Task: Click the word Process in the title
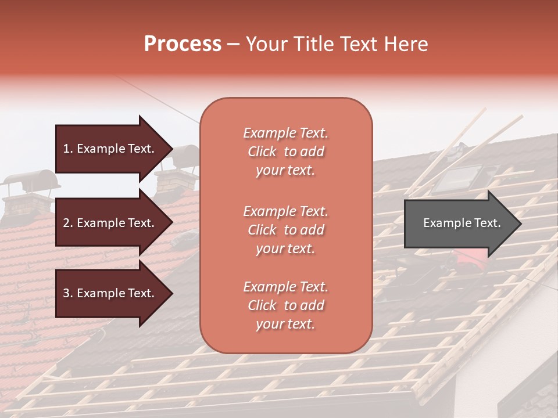pyautogui.click(x=183, y=44)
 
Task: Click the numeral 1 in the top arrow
pyautogui.click(x=66, y=149)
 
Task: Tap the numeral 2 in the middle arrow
pyautogui.click(x=66, y=223)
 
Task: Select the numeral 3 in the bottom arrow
pyautogui.click(x=66, y=293)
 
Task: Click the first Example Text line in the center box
pyautogui.click(x=285, y=133)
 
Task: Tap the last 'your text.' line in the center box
pyautogui.click(x=285, y=324)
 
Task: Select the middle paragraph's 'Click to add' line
pyautogui.click(x=285, y=230)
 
